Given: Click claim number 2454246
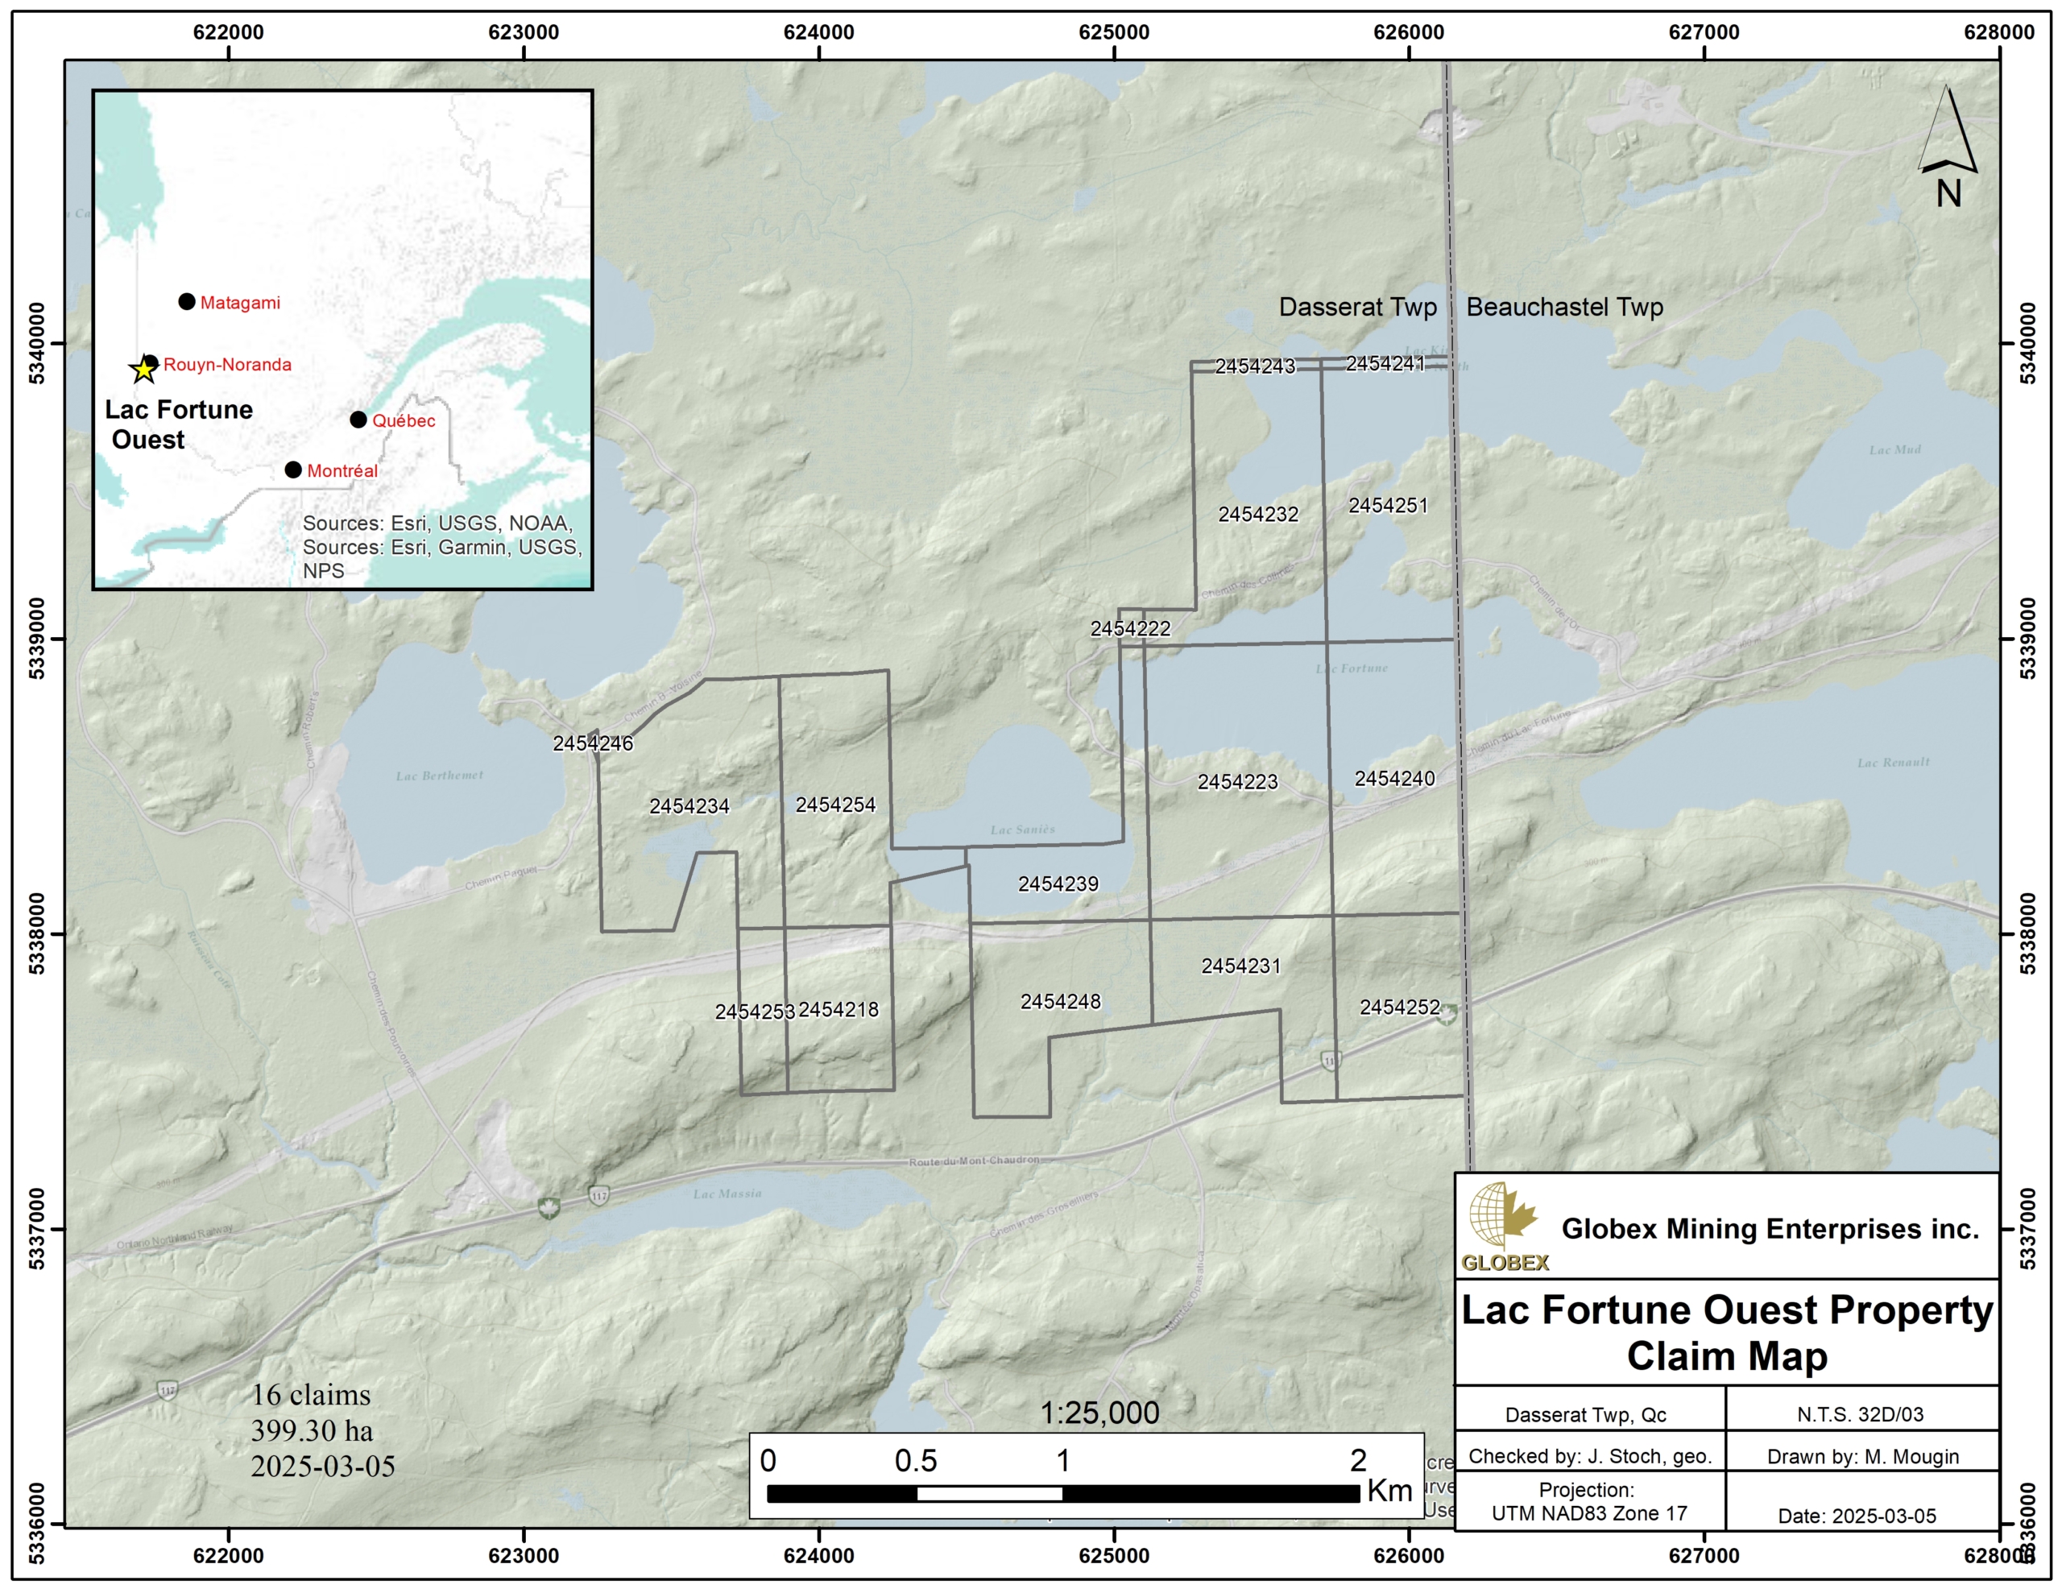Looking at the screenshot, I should (x=593, y=743).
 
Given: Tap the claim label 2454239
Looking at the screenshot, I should (x=1058, y=883).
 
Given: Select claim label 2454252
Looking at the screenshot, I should (x=1399, y=1008).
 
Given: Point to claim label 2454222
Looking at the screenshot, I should (x=1130, y=629).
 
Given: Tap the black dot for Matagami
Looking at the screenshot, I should (x=187, y=302).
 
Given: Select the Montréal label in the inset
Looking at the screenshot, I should (x=342, y=470).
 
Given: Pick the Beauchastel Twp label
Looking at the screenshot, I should (x=1564, y=307).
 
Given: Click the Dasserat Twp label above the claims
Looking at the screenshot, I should (x=1356, y=307).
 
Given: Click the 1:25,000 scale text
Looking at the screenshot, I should (x=1099, y=1413).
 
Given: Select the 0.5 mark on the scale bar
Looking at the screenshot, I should (x=915, y=1461).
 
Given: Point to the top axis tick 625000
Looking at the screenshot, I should (x=1114, y=32).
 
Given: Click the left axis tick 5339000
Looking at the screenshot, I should (x=37, y=639).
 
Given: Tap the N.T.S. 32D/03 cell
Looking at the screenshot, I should (x=1860, y=1414).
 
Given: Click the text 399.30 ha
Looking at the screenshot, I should (x=312, y=1430).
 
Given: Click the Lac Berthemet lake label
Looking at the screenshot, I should (x=439, y=776).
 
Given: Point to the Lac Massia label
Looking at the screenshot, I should (x=727, y=1194).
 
